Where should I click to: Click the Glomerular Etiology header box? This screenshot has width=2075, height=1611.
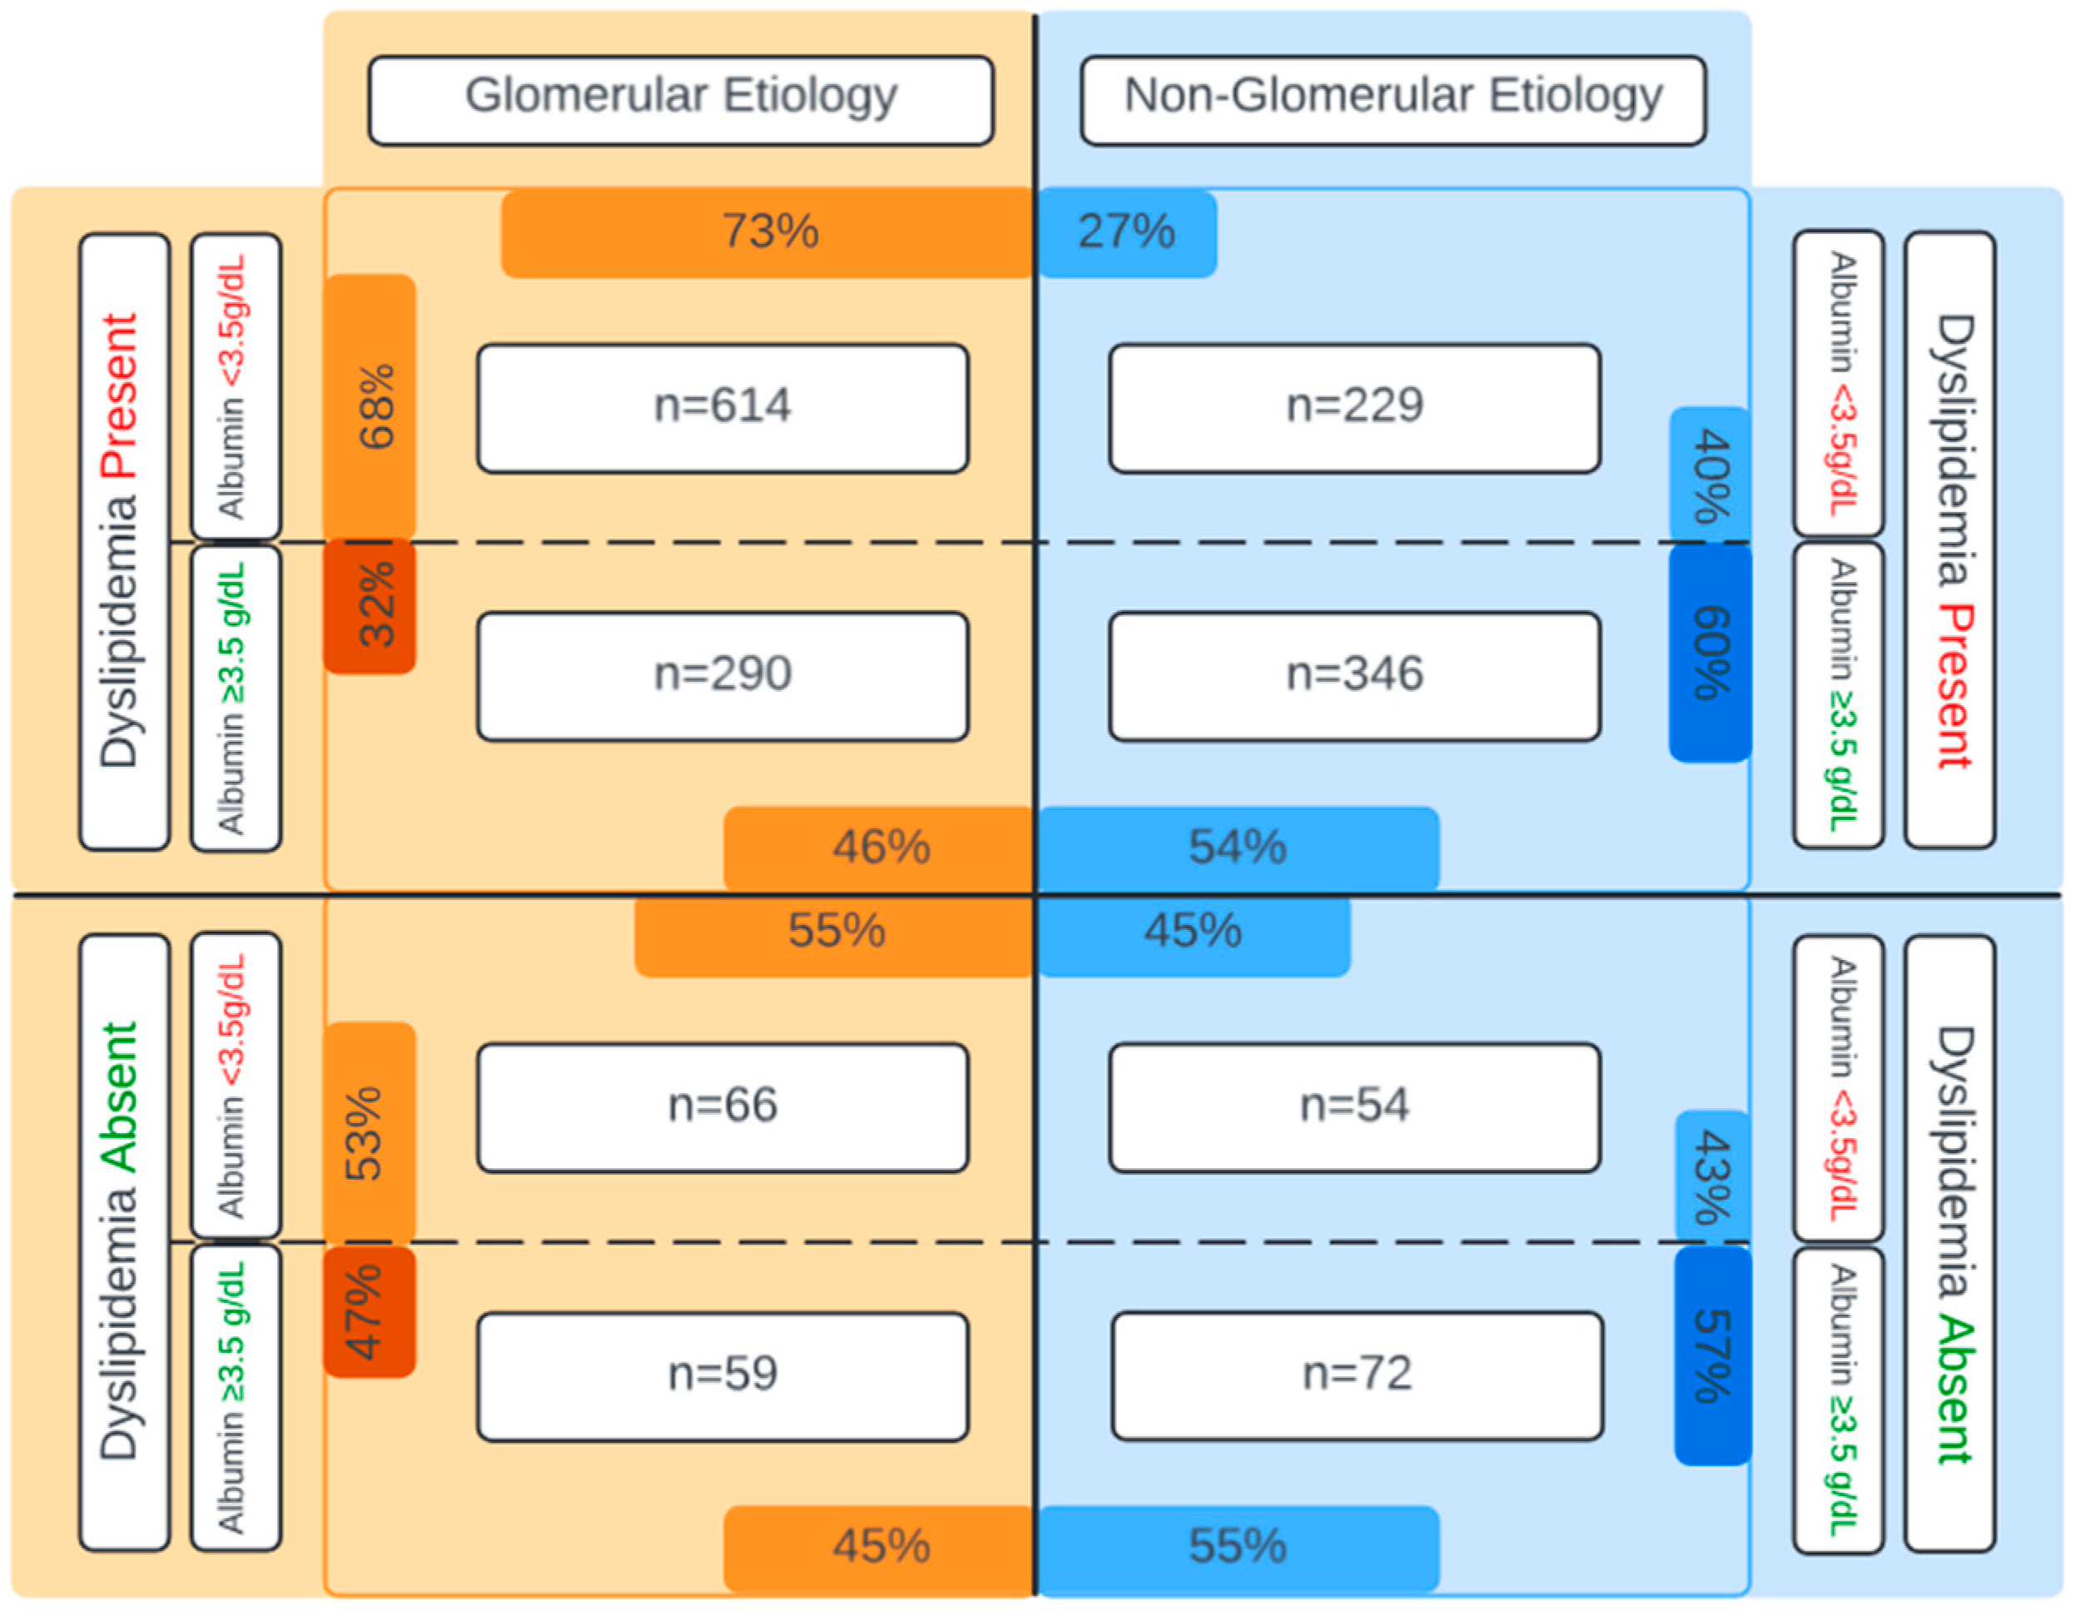681,100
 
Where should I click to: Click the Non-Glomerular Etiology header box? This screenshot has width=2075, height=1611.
1392,100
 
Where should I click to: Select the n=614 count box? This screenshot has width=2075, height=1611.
723,408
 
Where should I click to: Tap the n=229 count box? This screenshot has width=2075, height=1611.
1355,408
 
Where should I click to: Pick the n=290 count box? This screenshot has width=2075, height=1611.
723,676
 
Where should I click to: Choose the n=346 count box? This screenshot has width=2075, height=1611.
1355,676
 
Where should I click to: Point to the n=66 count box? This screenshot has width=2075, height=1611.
723,1107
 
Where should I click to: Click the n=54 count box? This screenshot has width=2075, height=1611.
1355,1107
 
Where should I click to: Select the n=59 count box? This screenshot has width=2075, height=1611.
723,1376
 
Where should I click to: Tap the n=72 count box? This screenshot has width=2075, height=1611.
1357,1376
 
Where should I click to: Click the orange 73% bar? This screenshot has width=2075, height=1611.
767,233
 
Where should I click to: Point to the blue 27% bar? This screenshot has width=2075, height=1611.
1127,233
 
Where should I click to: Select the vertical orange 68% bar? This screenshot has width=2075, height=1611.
370,407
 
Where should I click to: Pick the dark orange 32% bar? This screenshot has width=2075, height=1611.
370,606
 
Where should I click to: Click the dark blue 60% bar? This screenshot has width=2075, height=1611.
1710,653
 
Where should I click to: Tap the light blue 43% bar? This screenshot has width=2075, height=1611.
1712,1176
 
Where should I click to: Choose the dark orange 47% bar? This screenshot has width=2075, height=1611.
370,1311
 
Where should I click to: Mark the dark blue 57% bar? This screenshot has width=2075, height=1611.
1712,1356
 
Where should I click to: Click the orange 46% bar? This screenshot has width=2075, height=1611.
879,848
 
